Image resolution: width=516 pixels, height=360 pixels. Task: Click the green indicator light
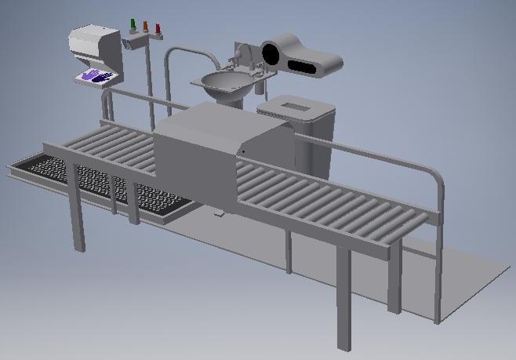(133, 24)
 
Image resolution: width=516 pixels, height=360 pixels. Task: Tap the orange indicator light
(145, 26)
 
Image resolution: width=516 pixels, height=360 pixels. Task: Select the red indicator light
(158, 29)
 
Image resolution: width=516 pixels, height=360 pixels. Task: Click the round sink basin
(225, 80)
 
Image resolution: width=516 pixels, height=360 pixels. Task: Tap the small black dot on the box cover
(242, 151)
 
